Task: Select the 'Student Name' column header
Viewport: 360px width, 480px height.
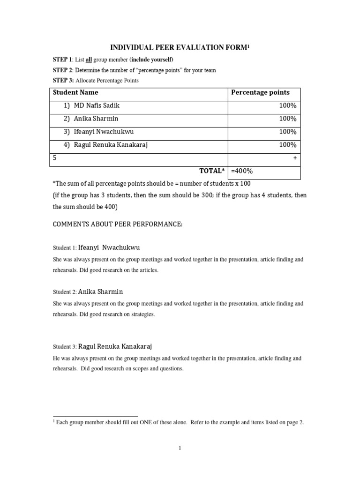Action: coord(75,93)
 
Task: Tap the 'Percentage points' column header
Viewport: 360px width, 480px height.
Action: coord(260,93)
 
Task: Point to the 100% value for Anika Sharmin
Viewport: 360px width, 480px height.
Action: coord(287,119)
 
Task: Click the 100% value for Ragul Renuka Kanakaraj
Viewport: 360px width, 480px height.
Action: coord(287,145)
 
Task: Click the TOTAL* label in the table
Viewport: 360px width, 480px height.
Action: coord(212,171)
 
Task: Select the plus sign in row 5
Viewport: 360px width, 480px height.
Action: coord(295,158)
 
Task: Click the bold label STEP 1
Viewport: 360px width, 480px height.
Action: coord(62,60)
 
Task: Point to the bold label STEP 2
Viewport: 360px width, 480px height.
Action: coord(62,70)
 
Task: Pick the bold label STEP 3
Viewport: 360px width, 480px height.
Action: coord(62,81)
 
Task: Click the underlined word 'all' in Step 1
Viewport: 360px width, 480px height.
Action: coord(89,60)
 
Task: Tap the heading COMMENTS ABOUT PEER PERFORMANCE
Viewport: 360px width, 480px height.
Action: coord(117,225)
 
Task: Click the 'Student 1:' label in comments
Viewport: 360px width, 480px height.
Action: coord(64,247)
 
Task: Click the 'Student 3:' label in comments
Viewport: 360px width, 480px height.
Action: coord(64,347)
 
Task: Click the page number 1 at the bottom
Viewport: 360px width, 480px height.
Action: coord(180,448)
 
